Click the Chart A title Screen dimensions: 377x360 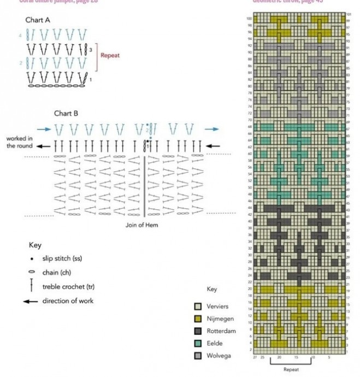[38, 20]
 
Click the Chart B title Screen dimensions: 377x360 [67, 113]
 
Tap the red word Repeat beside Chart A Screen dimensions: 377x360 [110, 55]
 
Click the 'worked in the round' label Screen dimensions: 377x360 [20, 143]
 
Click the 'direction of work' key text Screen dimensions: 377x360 [68, 301]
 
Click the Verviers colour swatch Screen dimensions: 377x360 [199, 307]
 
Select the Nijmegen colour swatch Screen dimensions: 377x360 [199, 319]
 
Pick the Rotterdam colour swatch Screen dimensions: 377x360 [199, 331]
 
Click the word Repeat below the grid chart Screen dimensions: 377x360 [291, 369]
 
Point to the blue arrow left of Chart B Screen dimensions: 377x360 [48, 129]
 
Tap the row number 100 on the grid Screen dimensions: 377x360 [249, 19]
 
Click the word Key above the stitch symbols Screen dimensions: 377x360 [35, 245]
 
